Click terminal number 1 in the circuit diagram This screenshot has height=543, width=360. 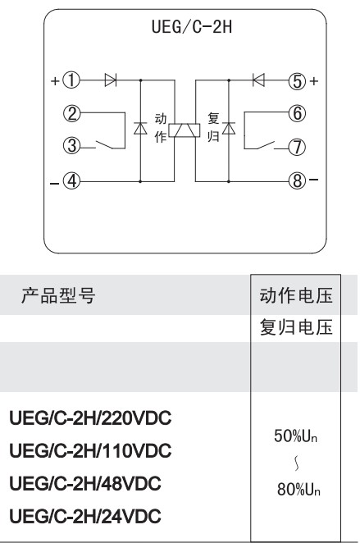[71, 80]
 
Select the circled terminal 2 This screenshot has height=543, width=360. [71, 113]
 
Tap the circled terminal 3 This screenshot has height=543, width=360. [71, 146]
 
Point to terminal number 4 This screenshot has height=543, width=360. [71, 180]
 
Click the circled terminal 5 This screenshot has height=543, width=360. [298, 81]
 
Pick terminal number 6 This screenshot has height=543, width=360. [298, 113]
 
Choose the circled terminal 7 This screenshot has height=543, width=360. [298, 147]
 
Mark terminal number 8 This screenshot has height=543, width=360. [298, 180]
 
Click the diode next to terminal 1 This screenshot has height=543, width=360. [111, 80]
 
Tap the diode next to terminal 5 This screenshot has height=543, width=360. [258, 80]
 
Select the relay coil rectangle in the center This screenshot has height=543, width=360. [185, 130]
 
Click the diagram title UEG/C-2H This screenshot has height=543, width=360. [192, 27]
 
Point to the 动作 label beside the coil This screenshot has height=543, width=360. [161, 127]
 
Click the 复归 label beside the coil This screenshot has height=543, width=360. [213, 127]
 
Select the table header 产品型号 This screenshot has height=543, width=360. [57, 296]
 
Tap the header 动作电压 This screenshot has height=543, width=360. [296, 296]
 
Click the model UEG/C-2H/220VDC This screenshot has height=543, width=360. [90, 418]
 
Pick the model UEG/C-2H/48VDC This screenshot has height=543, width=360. [85, 483]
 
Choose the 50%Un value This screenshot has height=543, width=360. [295, 436]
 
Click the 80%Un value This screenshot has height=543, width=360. [298, 490]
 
